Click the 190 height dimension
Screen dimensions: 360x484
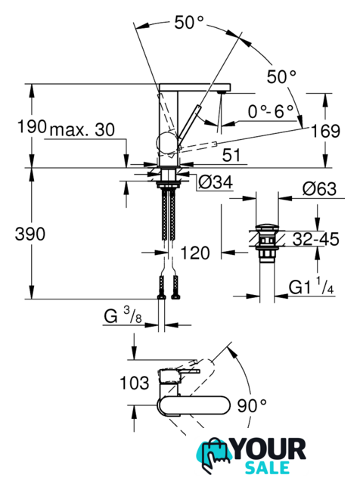[32, 126]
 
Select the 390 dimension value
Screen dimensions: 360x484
[30, 234]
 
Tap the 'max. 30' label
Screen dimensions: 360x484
[82, 130]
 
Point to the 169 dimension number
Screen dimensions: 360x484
[325, 131]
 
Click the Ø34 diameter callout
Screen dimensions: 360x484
[216, 182]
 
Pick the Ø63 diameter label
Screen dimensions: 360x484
[319, 188]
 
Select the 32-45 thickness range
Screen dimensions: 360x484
[315, 239]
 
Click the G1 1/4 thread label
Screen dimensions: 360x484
[311, 286]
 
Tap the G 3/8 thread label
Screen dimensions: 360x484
[123, 315]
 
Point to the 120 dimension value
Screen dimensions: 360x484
[195, 253]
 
